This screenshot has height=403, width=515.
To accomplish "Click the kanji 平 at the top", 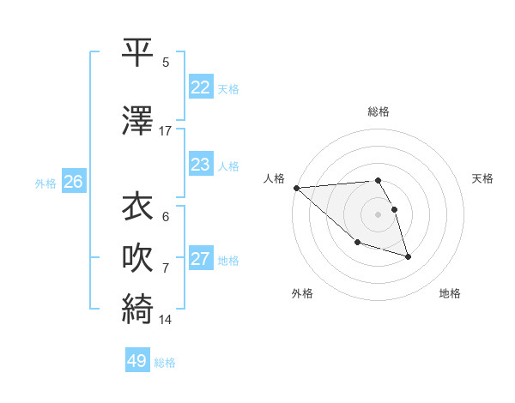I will pos(137,52).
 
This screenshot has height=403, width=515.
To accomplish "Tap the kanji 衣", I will pos(137,207).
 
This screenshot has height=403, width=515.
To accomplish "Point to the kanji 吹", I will pos(137,258).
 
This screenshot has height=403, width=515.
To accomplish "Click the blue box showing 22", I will pos(201,87).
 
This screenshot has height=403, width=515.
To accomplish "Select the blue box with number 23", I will pos(201,165).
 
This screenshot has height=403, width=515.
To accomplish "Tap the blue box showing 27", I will pos(201,259).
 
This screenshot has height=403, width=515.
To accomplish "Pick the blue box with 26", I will pos(73,182).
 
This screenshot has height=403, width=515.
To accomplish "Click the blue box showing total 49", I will pos(137,361).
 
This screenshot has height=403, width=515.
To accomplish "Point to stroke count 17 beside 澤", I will pos(166,131).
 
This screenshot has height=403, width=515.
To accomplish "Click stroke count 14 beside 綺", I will pos(166,320).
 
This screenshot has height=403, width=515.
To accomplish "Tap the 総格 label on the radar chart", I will pos(379,111).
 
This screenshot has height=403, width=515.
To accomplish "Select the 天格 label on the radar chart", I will pos(483,178).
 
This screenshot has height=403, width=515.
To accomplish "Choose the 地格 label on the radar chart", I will pos(450,293).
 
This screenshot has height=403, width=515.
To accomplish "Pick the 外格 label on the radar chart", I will pos(302,293).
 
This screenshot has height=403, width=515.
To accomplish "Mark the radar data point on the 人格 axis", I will pos(295,188).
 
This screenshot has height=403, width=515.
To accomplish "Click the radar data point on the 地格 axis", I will pos(408,256).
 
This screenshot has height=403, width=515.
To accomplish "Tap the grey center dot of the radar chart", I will pos(379,214).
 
